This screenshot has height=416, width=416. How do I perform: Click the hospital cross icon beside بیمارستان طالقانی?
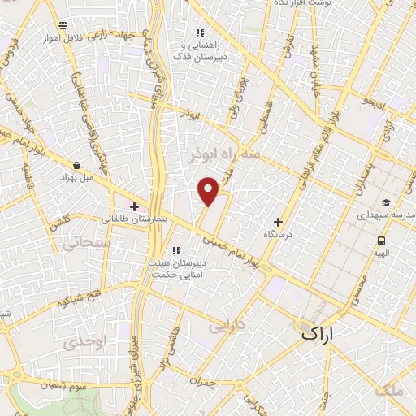tap(134, 206)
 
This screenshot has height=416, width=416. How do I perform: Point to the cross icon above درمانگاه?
tap(278, 221)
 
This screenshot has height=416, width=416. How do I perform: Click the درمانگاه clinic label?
tap(278, 233)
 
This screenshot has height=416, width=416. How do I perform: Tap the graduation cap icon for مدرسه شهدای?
tap(385, 203)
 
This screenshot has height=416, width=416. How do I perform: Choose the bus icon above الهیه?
tap(381, 240)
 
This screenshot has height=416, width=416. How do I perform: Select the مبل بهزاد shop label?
tap(76, 176)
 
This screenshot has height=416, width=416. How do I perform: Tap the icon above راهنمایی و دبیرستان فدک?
tap(200, 33)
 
